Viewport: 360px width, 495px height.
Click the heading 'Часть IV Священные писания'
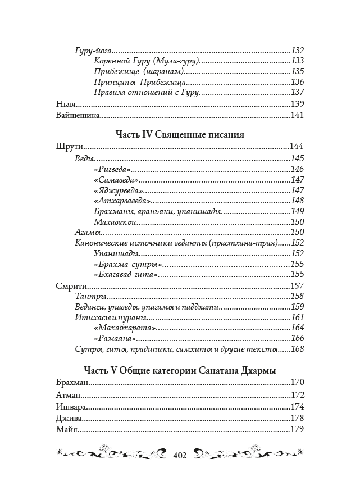(x=180, y=135)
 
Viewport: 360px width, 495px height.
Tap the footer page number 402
(x=180, y=454)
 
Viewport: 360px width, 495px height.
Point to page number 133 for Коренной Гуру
(x=298, y=61)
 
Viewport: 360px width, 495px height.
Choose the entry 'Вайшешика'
(x=78, y=116)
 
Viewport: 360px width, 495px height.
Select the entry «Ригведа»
(x=112, y=169)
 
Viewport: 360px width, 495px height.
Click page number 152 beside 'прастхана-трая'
(x=298, y=243)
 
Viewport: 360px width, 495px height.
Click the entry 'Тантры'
(x=91, y=296)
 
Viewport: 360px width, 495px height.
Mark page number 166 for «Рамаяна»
(x=298, y=338)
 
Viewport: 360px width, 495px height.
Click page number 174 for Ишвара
(x=298, y=407)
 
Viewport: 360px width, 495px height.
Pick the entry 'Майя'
(x=67, y=430)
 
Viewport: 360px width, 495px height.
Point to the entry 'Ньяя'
(x=66, y=104)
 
